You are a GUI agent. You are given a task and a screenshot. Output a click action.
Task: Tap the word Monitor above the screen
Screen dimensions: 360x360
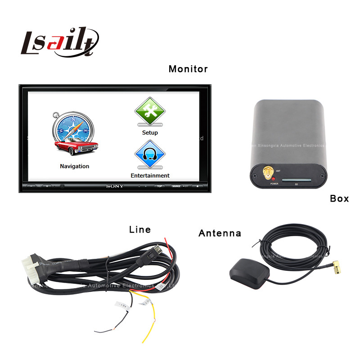(188, 69)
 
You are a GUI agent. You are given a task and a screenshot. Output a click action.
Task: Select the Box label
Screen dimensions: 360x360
(339, 198)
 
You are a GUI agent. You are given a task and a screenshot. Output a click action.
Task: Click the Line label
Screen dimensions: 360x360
(140, 229)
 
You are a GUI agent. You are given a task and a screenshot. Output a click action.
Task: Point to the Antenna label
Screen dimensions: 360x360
(220, 233)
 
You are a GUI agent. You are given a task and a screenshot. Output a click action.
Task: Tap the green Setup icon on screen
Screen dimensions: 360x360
(150, 112)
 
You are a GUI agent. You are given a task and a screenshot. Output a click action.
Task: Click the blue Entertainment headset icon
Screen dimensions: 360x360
(150, 154)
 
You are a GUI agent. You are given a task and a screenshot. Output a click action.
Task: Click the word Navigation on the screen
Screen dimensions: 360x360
(75, 166)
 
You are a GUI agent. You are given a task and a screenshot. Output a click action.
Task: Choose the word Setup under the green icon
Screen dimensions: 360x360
(150, 133)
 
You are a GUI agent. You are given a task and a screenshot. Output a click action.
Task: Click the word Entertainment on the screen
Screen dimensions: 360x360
(150, 175)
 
